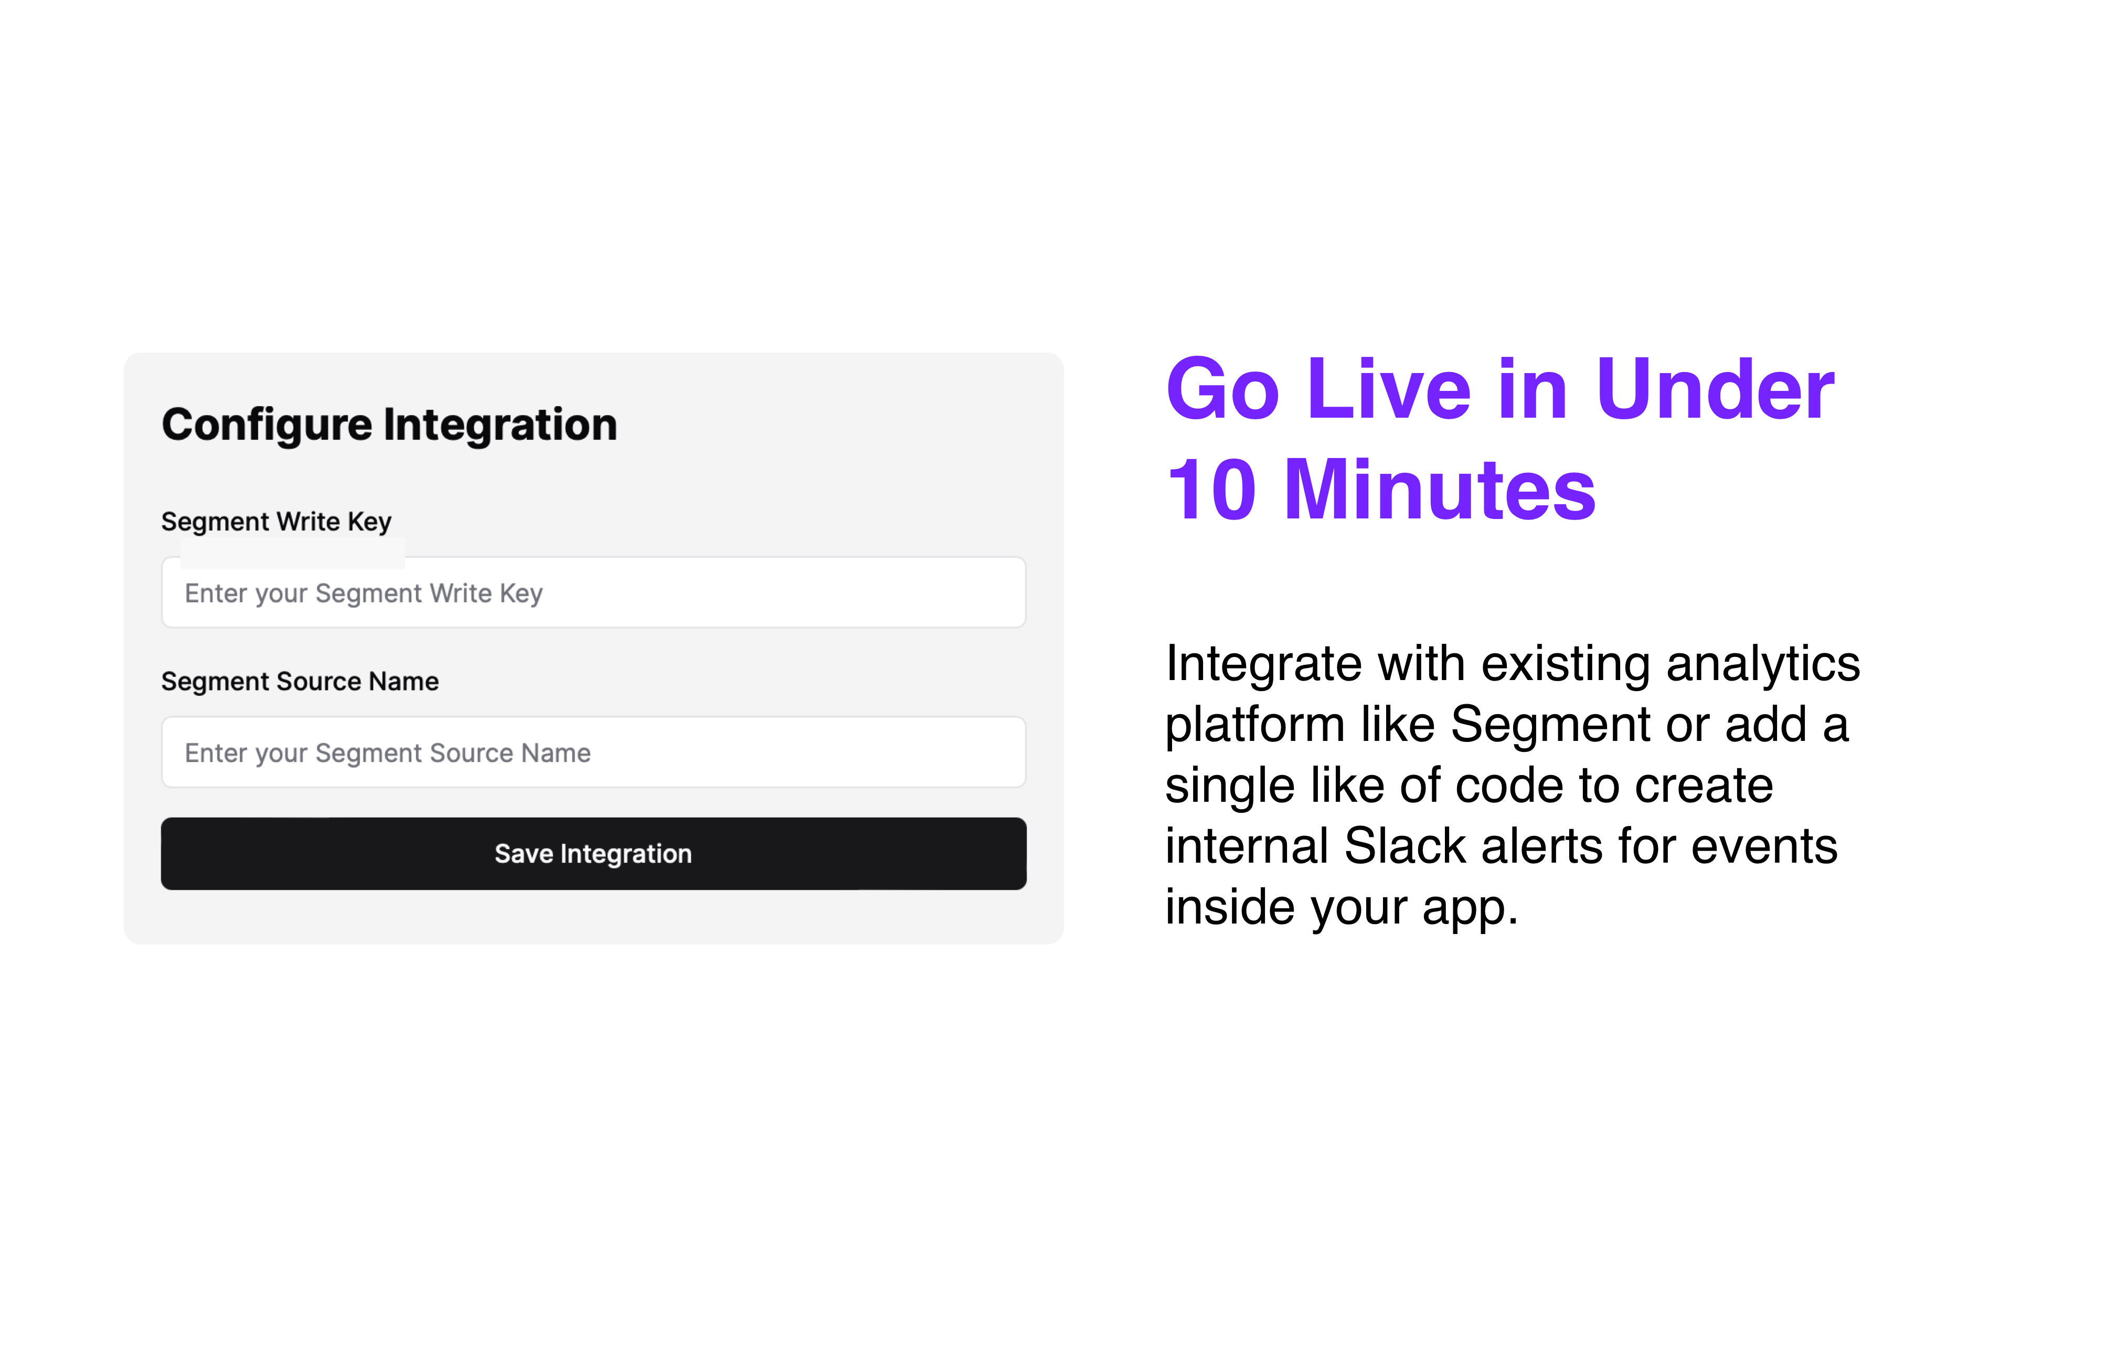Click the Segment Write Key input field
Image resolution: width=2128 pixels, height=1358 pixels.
(x=593, y=592)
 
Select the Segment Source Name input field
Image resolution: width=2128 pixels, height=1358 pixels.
(x=593, y=752)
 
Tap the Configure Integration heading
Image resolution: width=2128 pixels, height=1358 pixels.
(x=389, y=425)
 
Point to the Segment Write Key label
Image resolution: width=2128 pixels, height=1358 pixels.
(x=276, y=522)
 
